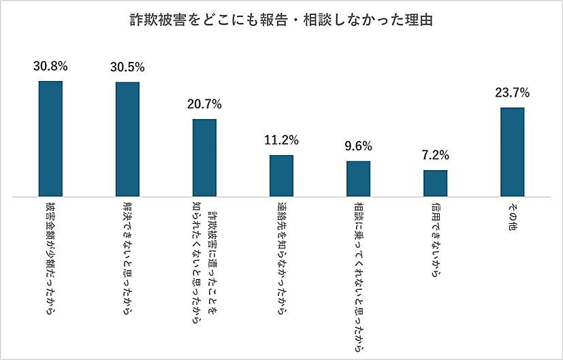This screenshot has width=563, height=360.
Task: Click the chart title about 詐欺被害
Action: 281,20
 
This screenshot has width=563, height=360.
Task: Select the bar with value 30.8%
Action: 50,139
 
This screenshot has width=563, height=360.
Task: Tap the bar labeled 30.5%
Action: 127,140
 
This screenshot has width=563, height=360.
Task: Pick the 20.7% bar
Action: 204,158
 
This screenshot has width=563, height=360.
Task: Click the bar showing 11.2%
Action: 281,176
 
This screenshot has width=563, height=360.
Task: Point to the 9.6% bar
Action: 358,179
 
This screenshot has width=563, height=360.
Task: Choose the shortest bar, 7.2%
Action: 435,183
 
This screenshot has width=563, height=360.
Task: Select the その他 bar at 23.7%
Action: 513,152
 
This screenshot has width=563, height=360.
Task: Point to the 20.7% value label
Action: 204,105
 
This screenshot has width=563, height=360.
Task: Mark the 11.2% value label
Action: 281,141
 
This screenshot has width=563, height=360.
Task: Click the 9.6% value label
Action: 358,146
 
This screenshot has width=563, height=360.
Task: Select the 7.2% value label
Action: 435,155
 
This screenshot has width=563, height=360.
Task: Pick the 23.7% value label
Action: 513,93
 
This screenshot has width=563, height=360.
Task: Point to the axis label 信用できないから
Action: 435,240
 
